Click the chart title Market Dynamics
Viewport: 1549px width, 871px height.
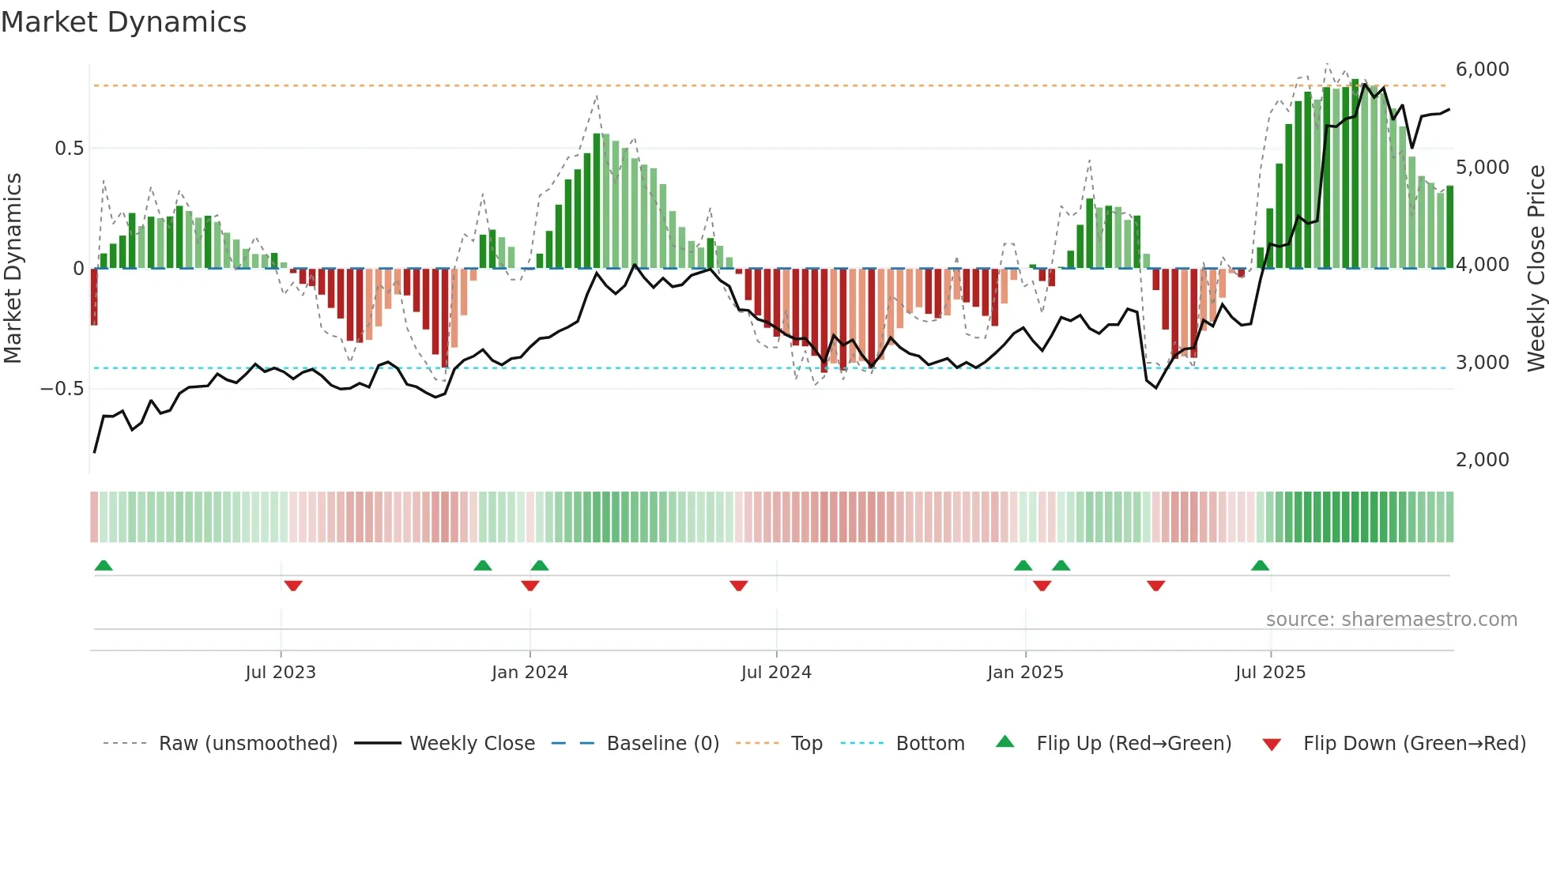(123, 22)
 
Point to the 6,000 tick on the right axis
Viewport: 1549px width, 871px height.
(1482, 70)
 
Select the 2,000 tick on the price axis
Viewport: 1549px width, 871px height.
(1482, 460)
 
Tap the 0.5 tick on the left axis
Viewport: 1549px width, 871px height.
(69, 149)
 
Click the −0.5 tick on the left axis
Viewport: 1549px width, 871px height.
(62, 389)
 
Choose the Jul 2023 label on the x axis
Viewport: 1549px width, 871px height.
(281, 673)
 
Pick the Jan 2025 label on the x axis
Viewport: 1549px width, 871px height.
(1025, 673)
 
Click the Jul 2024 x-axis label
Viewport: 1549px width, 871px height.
(776, 673)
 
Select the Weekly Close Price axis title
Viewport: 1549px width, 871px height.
(1536, 269)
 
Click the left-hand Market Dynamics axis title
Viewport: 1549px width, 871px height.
(13, 269)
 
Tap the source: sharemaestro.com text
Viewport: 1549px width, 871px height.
(1391, 620)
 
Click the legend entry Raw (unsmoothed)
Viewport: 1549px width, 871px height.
(247, 744)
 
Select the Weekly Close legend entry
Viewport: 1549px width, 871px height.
(472, 744)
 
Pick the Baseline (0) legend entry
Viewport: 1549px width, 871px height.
(662, 744)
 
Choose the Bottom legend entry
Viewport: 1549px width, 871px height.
(929, 744)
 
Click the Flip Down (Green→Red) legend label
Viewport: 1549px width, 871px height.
(1414, 744)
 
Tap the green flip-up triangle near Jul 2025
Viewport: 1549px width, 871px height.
(1260, 566)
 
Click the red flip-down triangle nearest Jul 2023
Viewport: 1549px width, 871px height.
(293, 586)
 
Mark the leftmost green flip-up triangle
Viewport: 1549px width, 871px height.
(104, 566)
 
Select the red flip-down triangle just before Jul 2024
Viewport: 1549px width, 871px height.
(739, 586)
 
